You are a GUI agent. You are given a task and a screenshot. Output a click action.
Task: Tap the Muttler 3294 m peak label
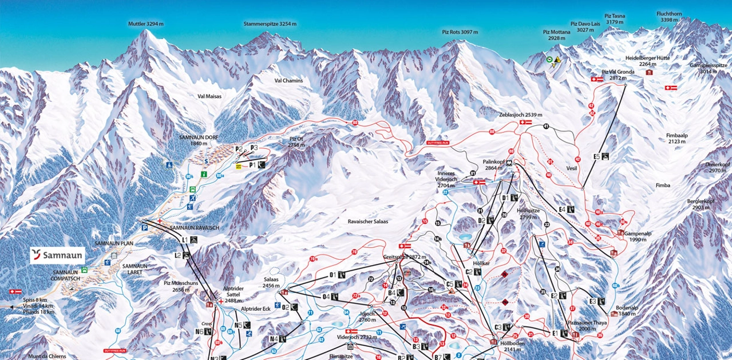click(145, 24)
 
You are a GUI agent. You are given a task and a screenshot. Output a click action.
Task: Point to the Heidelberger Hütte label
click(647, 61)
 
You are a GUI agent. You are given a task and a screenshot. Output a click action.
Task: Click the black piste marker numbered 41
click(547, 126)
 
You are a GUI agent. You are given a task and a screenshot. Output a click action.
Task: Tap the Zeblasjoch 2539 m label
click(520, 114)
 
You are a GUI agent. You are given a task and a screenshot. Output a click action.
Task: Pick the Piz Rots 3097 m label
click(460, 32)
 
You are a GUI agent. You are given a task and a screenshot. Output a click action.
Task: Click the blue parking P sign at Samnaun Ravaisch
click(145, 227)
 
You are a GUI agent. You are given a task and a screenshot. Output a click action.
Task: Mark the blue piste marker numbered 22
click(445, 193)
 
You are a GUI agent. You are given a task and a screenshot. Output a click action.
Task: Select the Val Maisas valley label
click(209, 96)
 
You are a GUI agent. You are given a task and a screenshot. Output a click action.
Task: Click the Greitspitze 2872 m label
click(405, 257)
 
